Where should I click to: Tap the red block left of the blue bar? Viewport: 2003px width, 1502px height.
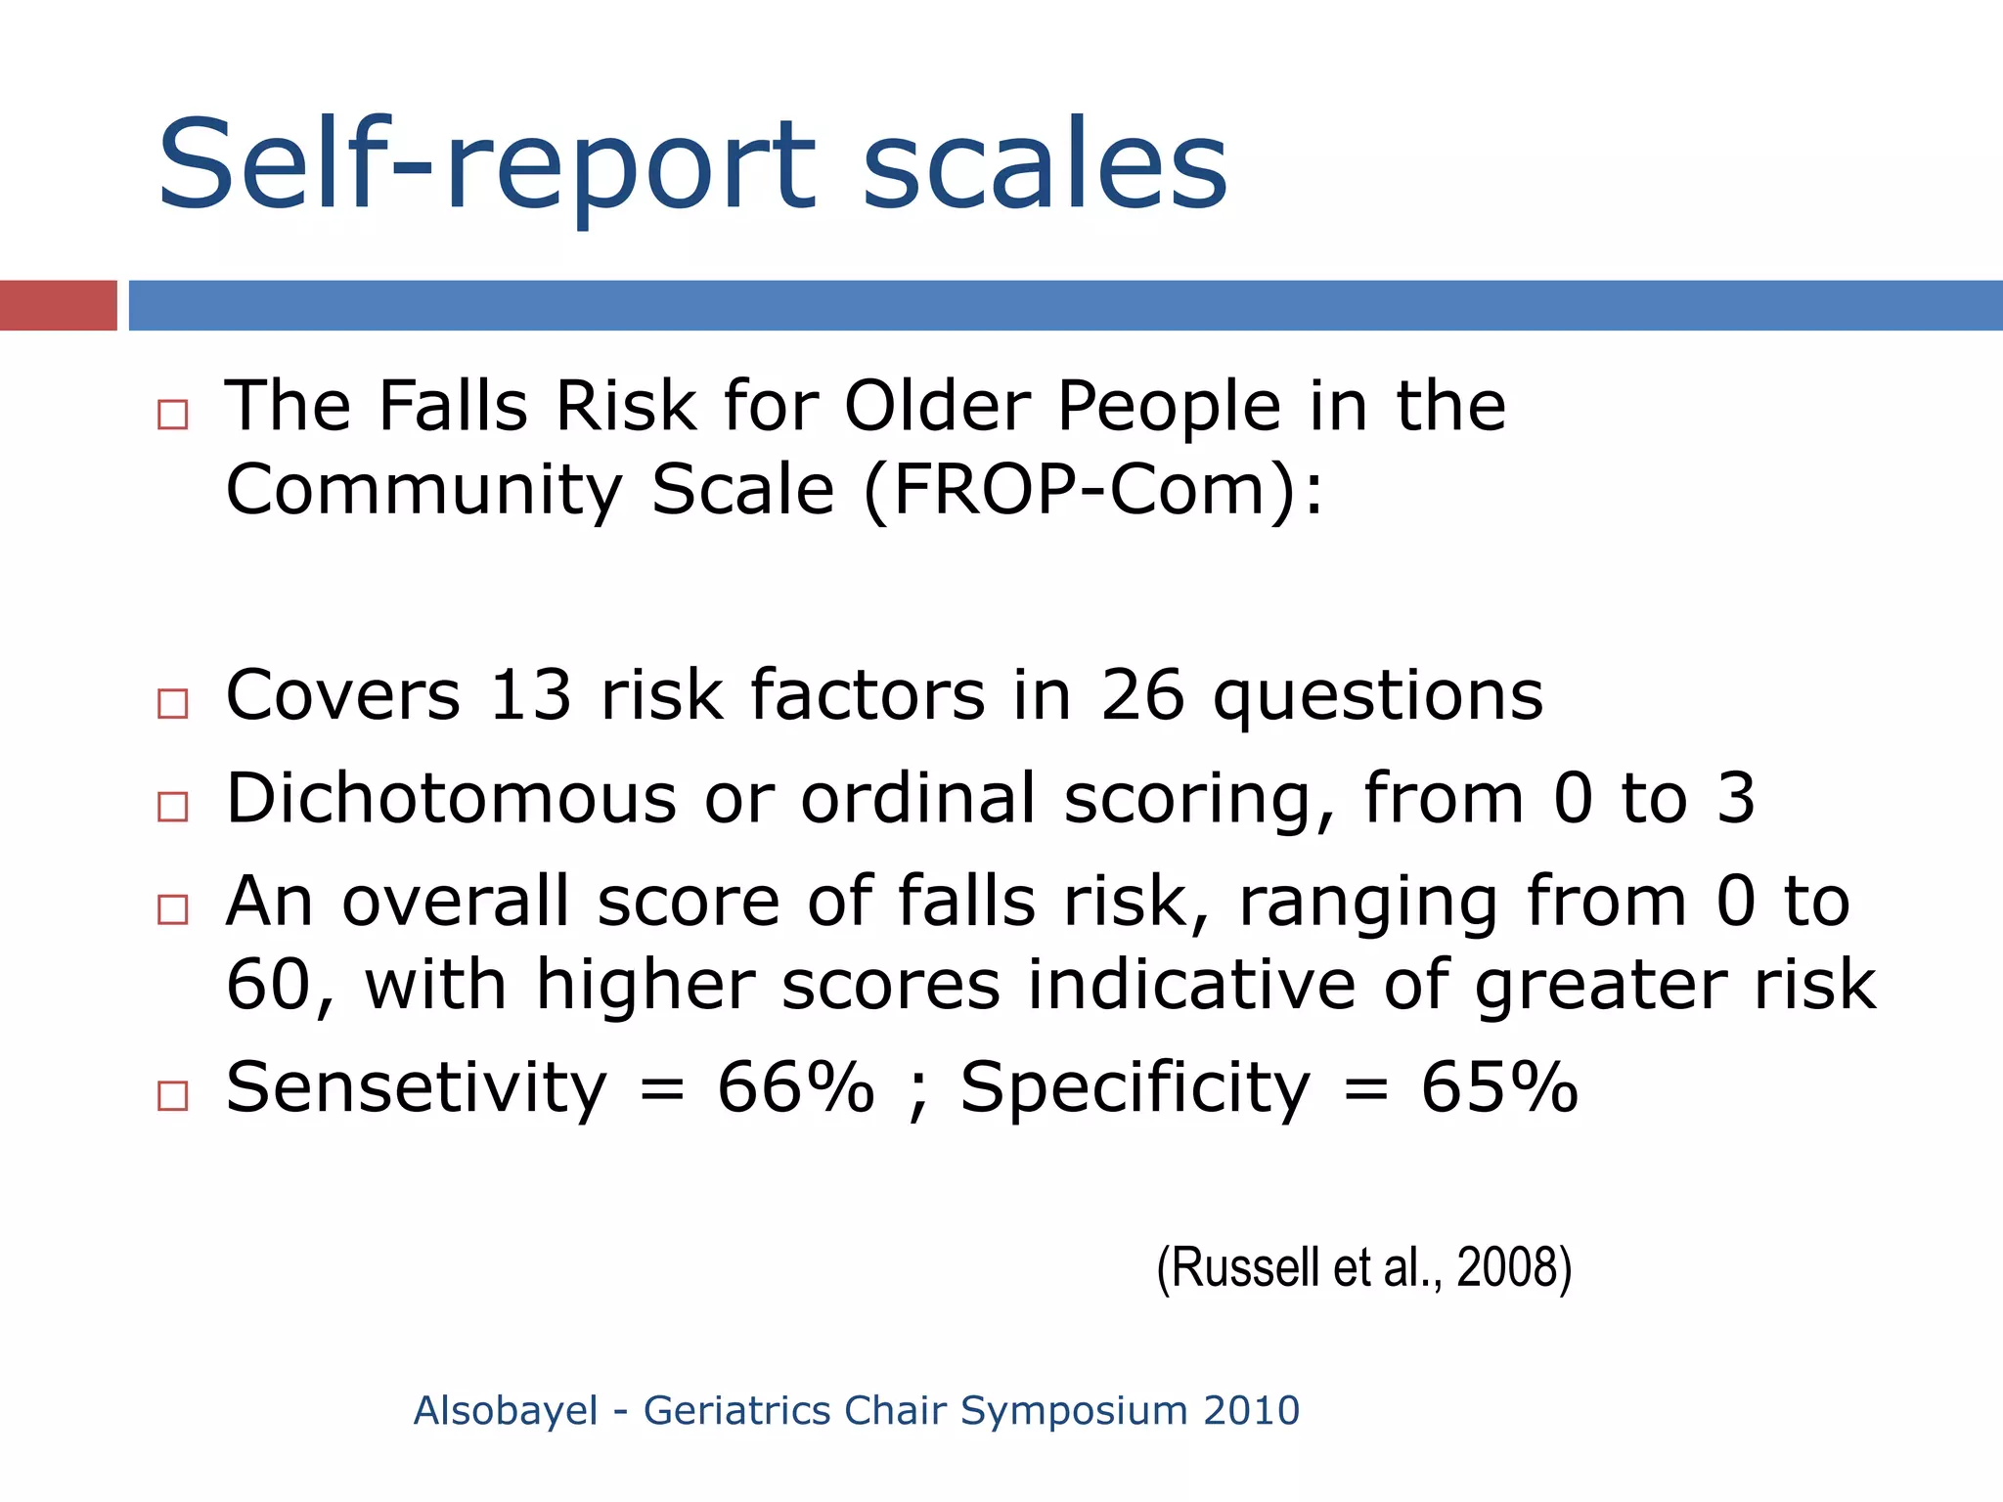point(58,305)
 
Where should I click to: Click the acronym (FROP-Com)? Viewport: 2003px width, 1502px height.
point(1093,490)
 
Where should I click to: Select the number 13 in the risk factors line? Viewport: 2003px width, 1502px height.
point(530,696)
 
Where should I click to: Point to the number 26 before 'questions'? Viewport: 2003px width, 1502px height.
point(1141,696)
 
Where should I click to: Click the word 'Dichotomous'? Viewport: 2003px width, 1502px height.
point(451,799)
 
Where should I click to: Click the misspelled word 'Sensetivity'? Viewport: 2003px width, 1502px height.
point(416,1087)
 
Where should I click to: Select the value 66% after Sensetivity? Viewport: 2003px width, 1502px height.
point(795,1087)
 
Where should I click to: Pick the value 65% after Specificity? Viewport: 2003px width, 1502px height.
point(1498,1087)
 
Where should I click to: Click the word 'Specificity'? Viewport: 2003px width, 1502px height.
point(1135,1087)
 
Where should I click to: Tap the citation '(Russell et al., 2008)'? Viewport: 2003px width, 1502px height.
point(1363,1268)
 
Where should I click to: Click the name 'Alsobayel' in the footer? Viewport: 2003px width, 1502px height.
point(505,1411)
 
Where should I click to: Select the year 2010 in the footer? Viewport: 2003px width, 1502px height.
point(1251,1411)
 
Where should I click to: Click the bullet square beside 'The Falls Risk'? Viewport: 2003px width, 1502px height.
point(173,415)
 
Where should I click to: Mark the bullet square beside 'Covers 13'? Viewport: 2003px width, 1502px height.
point(173,703)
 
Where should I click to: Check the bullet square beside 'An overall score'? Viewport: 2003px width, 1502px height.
point(173,909)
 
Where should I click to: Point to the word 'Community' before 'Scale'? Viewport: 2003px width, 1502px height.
point(423,490)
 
